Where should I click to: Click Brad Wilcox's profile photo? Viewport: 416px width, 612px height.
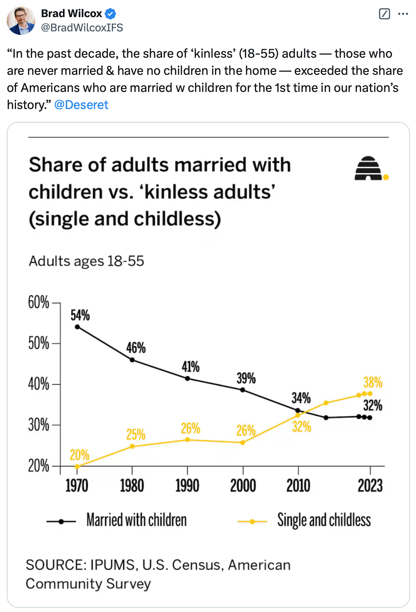21,21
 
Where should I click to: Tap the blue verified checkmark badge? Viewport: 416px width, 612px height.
110,14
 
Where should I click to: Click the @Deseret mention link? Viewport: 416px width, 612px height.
81,105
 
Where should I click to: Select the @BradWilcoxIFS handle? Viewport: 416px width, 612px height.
82,27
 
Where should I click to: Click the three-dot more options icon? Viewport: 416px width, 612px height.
403,14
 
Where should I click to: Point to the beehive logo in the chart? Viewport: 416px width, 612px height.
369,168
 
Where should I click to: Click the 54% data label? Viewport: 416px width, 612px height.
80,315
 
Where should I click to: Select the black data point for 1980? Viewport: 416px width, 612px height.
132,360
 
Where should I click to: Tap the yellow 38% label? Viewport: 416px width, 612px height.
373,382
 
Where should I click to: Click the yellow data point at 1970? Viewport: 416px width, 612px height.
77,466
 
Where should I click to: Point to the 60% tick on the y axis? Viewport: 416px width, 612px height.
39,302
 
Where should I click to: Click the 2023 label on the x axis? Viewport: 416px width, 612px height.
370,486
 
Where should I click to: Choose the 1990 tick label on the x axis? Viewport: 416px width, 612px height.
187,486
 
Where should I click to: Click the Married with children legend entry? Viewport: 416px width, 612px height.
136,520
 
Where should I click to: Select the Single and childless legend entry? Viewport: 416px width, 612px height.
324,520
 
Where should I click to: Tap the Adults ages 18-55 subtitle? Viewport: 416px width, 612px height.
87,261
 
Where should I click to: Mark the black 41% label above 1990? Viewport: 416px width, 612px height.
191,367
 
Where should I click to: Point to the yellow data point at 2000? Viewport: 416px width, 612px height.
243,443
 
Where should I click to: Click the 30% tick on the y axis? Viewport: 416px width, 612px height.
39,425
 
